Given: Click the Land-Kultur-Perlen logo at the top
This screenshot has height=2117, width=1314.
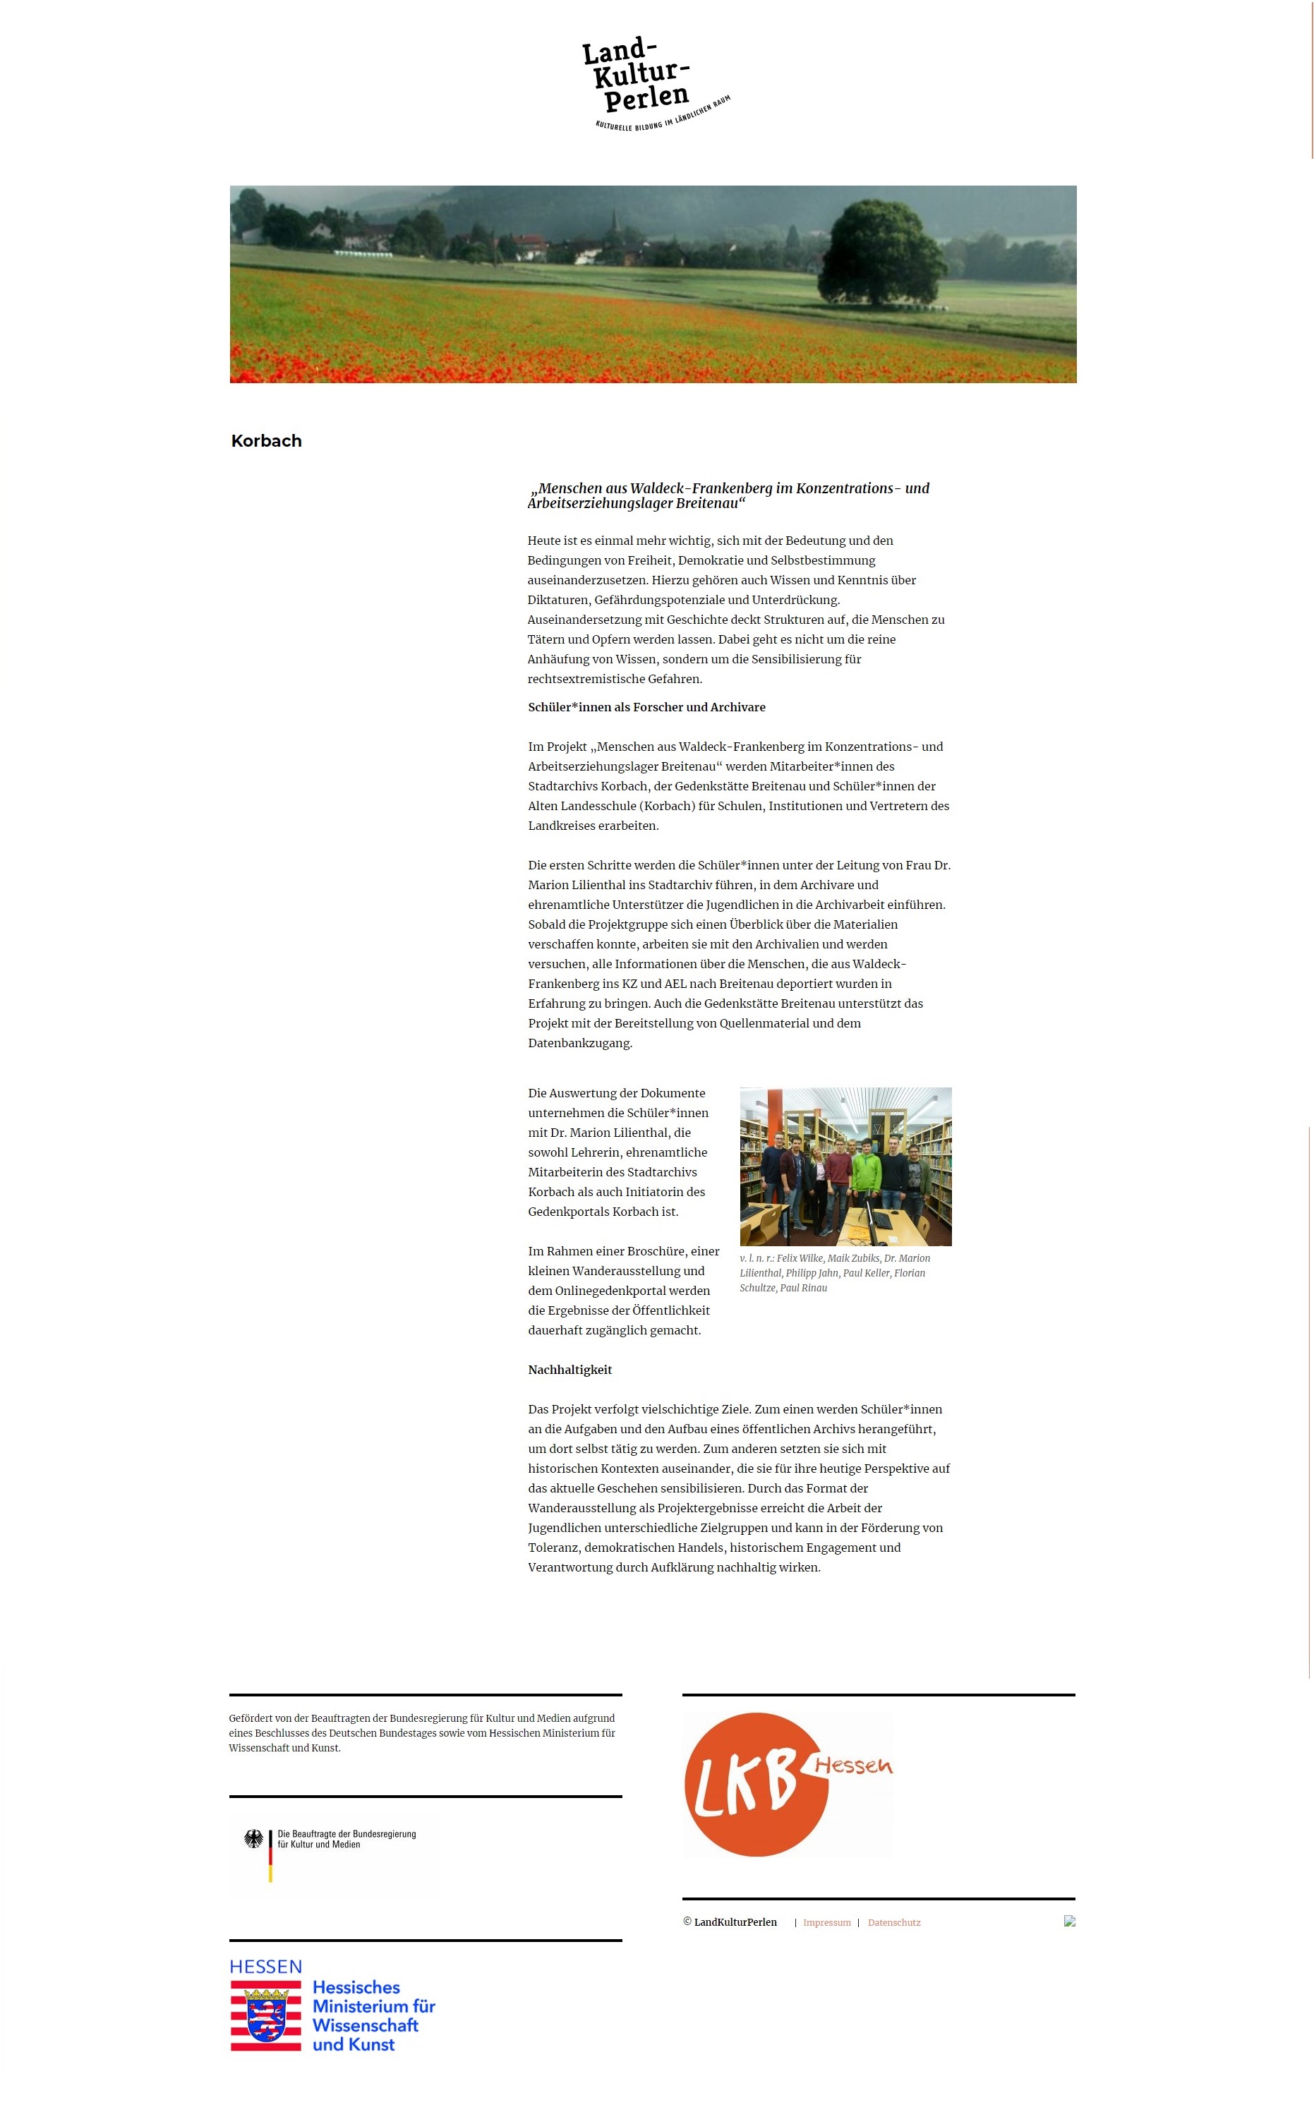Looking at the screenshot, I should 653,83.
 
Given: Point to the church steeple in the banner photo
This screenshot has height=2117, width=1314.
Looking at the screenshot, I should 613,221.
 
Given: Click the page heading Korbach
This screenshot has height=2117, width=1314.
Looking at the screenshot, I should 266,440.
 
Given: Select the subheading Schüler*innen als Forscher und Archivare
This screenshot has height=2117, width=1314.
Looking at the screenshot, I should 646,706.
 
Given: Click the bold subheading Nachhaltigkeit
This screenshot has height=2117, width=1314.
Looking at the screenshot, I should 570,1370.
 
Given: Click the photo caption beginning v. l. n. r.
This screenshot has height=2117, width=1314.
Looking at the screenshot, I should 834,1272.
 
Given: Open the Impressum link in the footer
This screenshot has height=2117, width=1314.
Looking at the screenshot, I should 826,1922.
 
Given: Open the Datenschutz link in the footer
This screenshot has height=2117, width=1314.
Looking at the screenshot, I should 893,1922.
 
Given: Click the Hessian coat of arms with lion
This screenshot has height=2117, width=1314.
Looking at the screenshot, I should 266,2018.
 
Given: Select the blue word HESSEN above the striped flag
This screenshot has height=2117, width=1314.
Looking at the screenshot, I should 266,1967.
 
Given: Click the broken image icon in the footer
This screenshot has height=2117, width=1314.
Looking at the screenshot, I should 1069,1921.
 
